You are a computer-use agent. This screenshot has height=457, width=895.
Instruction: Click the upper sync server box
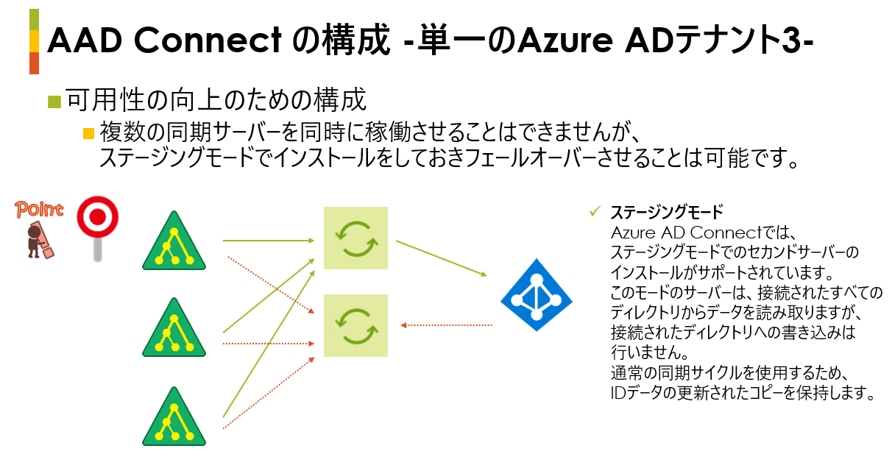click(x=355, y=238)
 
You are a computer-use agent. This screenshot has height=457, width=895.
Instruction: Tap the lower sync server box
click(x=355, y=325)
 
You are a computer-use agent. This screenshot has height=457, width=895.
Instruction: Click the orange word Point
click(x=39, y=210)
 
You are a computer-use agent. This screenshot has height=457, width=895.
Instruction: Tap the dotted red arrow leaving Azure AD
click(x=446, y=325)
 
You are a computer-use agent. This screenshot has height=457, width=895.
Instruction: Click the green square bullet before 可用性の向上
click(x=54, y=101)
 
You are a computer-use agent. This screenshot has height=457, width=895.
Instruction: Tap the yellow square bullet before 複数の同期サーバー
click(x=89, y=134)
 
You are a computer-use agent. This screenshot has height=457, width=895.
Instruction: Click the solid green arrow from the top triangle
click(x=269, y=240)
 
